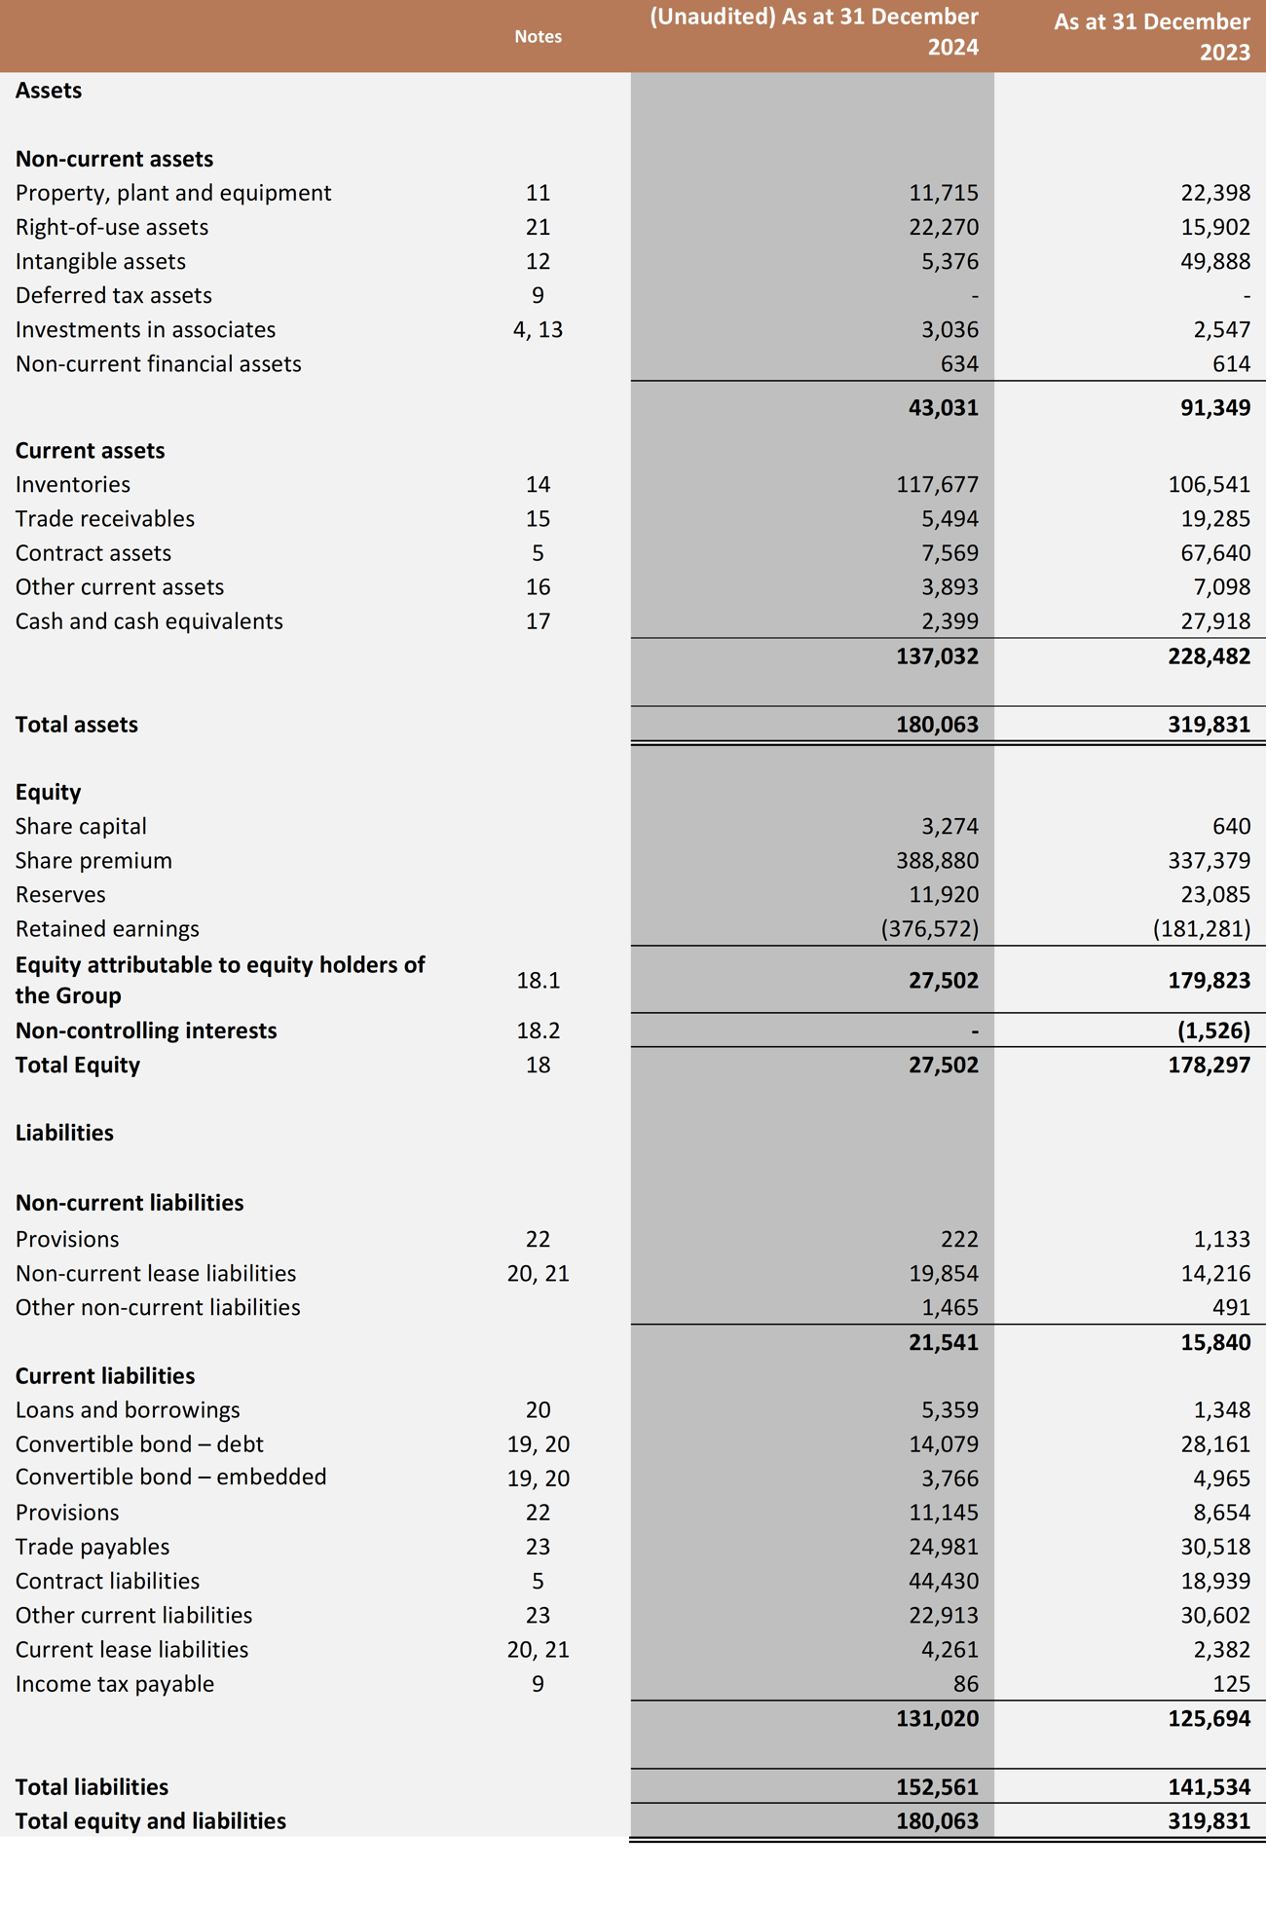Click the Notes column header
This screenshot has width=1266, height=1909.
click(x=538, y=36)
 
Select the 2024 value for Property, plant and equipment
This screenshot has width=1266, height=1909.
click(x=943, y=193)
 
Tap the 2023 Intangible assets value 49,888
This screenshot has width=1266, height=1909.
click(x=1214, y=261)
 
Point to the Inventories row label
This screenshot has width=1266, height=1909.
click(x=73, y=484)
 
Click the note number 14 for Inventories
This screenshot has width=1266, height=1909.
click(x=538, y=484)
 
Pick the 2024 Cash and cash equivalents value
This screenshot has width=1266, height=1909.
click(x=949, y=621)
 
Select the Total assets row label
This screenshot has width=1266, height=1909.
click(x=77, y=725)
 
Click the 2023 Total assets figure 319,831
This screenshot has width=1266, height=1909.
click(x=1209, y=725)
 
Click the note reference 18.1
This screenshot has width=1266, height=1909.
click(x=538, y=981)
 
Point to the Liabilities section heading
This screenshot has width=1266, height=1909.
click(x=64, y=1133)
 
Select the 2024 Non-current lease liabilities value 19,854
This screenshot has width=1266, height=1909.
click(x=943, y=1274)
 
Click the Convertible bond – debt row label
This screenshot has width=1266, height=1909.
click(x=139, y=1444)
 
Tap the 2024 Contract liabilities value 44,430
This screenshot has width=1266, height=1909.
click(x=943, y=1581)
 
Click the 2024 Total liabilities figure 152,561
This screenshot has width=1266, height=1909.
click(x=937, y=1787)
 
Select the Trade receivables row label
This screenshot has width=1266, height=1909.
click(x=105, y=519)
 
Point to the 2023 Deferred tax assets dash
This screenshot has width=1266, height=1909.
click(x=1246, y=296)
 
